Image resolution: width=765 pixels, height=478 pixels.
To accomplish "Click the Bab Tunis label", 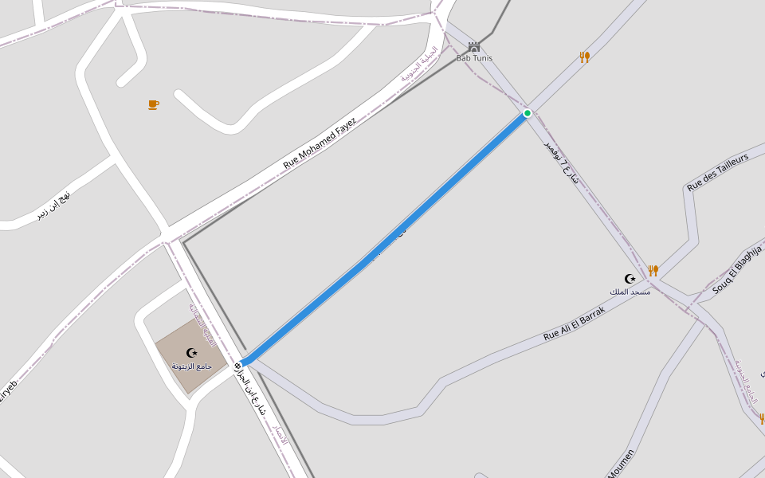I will click(x=474, y=58).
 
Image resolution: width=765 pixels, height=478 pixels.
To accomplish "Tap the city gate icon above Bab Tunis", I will click(x=474, y=47).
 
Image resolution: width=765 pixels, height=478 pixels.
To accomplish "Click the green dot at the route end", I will click(x=528, y=113).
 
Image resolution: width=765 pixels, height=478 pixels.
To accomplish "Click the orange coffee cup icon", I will click(x=153, y=104).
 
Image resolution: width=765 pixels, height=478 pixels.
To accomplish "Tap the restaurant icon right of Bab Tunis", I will click(x=584, y=57).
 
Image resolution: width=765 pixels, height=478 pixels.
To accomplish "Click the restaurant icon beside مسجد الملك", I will click(x=653, y=271).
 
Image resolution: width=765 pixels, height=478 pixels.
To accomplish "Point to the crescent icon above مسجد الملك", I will click(x=630, y=279).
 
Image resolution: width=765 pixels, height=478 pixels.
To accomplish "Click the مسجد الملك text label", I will click(x=630, y=292).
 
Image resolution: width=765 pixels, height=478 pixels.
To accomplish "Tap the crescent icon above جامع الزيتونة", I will click(x=191, y=353).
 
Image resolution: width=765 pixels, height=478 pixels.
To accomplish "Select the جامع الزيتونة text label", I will click(x=191, y=366).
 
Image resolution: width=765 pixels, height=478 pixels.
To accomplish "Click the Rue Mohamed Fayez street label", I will click(x=320, y=144).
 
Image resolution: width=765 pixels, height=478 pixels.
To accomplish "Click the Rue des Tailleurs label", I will click(x=718, y=173).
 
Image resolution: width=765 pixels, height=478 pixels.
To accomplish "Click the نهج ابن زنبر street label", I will click(x=53, y=206).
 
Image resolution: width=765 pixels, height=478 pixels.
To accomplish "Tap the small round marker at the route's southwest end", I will click(x=238, y=366).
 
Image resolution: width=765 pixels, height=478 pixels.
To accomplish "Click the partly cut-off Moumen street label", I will click(x=622, y=464).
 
